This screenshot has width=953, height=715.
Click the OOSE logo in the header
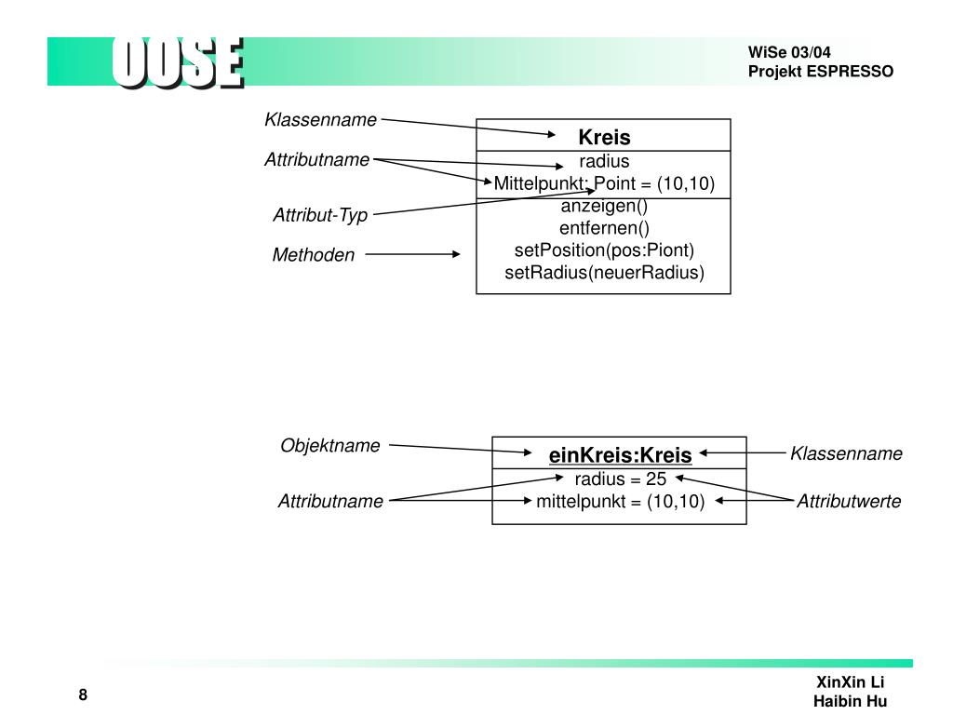(178, 62)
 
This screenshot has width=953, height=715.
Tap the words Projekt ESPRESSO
(820, 72)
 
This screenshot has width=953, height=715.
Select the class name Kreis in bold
(604, 138)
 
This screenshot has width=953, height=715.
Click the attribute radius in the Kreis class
(604, 161)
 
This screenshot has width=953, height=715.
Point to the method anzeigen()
(604, 206)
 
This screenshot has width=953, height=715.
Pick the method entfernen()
(604, 228)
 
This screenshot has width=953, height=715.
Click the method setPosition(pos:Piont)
(604, 250)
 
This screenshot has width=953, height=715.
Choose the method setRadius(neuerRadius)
(604, 273)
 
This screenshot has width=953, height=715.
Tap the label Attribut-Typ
(320, 216)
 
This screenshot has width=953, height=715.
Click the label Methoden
(314, 255)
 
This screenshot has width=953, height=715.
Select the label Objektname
(330, 446)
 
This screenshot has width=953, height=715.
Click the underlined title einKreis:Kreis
(620, 455)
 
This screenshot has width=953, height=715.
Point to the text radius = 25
(620, 479)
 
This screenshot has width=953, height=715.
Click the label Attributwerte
(849, 502)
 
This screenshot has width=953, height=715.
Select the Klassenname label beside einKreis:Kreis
(846, 454)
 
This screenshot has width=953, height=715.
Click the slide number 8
(83, 695)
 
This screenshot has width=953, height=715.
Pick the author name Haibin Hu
(850, 701)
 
